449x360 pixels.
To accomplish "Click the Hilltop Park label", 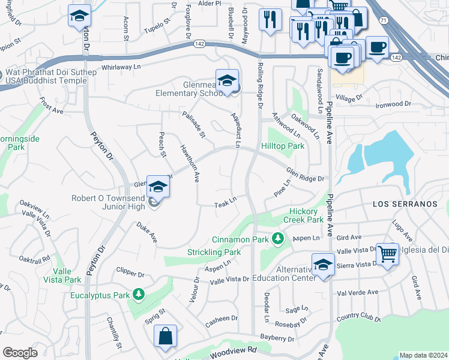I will [283, 146].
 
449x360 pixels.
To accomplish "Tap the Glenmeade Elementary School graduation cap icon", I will [228, 81].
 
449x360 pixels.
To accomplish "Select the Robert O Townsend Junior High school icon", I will [158, 187].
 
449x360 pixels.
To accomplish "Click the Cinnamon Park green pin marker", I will [277, 239].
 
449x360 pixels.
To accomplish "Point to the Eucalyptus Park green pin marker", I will [139, 295].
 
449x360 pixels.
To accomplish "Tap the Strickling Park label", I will [214, 252].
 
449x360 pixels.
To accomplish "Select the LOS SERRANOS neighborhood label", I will [405, 204].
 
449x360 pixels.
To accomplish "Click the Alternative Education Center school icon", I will [323, 265].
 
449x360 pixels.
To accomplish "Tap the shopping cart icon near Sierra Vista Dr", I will [387, 254].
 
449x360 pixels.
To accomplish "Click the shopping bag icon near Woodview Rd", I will [165, 337].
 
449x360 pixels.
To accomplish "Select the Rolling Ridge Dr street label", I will [260, 85].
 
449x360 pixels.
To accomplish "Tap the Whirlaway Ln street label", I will [121, 67].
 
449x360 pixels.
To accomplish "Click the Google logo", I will [20, 353].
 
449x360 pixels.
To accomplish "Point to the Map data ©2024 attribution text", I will [423, 355].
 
